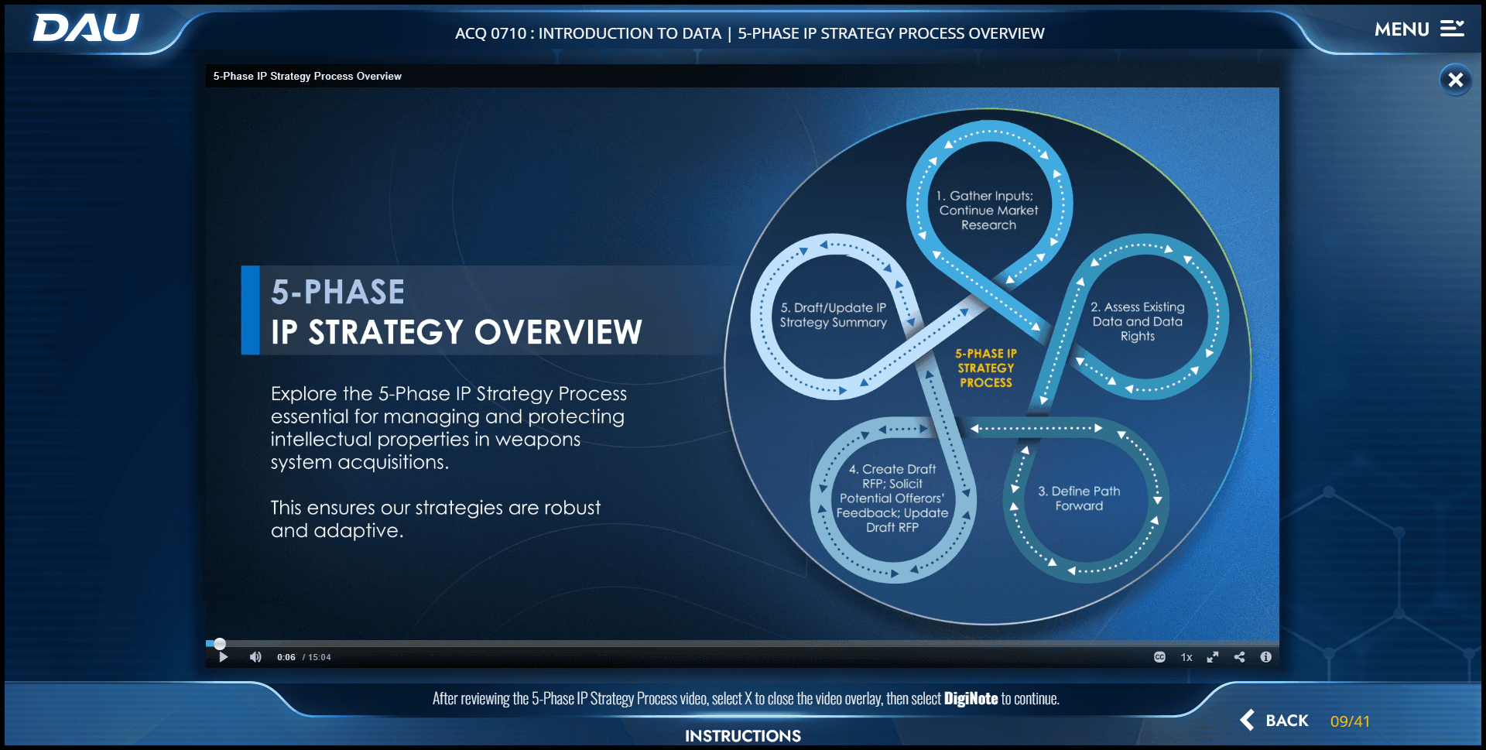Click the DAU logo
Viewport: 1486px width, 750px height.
coord(86,28)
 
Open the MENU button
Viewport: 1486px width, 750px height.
coord(1419,29)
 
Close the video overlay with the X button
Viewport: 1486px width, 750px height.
coord(1455,80)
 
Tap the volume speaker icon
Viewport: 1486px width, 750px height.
coord(255,657)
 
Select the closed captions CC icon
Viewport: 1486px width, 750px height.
coord(1159,657)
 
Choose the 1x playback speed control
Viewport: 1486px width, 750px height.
coord(1186,657)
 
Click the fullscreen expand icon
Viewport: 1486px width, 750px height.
coord(1213,657)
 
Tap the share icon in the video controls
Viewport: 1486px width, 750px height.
coord(1239,657)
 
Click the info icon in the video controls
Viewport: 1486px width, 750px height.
coord(1266,657)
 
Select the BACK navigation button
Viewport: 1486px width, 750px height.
coord(1275,721)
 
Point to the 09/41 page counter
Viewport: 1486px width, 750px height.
coord(1350,721)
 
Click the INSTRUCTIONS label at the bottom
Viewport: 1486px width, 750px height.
coord(742,735)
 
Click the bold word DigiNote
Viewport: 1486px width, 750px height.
coord(971,699)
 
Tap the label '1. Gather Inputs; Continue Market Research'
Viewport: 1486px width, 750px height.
coord(988,211)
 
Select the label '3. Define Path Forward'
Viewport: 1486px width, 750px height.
coord(1079,498)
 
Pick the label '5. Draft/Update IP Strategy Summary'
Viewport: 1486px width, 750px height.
coord(833,315)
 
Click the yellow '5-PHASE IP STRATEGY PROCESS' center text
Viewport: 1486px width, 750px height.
coord(986,368)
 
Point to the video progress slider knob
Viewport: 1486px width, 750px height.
coord(220,644)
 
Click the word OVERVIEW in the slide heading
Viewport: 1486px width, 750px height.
coord(558,333)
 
